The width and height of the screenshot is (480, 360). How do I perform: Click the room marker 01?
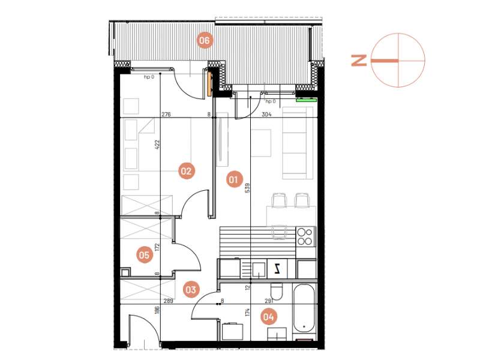point(233,178)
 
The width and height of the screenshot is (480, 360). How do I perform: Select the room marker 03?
point(191,290)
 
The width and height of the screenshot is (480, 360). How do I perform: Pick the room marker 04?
point(268,316)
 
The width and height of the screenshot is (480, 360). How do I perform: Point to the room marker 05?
point(143,255)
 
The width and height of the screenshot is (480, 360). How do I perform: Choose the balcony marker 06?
point(205,41)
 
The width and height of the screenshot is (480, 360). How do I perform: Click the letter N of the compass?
point(359,60)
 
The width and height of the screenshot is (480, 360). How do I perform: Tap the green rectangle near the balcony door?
point(305,101)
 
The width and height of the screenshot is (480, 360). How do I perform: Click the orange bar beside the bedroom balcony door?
point(209,83)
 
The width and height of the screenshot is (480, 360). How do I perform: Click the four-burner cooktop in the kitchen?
point(305,235)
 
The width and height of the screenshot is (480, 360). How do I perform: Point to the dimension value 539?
point(247,189)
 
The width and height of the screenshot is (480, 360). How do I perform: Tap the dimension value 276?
point(167,113)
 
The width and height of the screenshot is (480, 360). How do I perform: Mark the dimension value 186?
point(157,310)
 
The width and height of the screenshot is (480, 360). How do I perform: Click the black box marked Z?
point(277,268)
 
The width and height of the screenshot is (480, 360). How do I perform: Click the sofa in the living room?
point(298,143)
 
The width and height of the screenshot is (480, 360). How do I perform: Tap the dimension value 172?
point(157,247)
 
